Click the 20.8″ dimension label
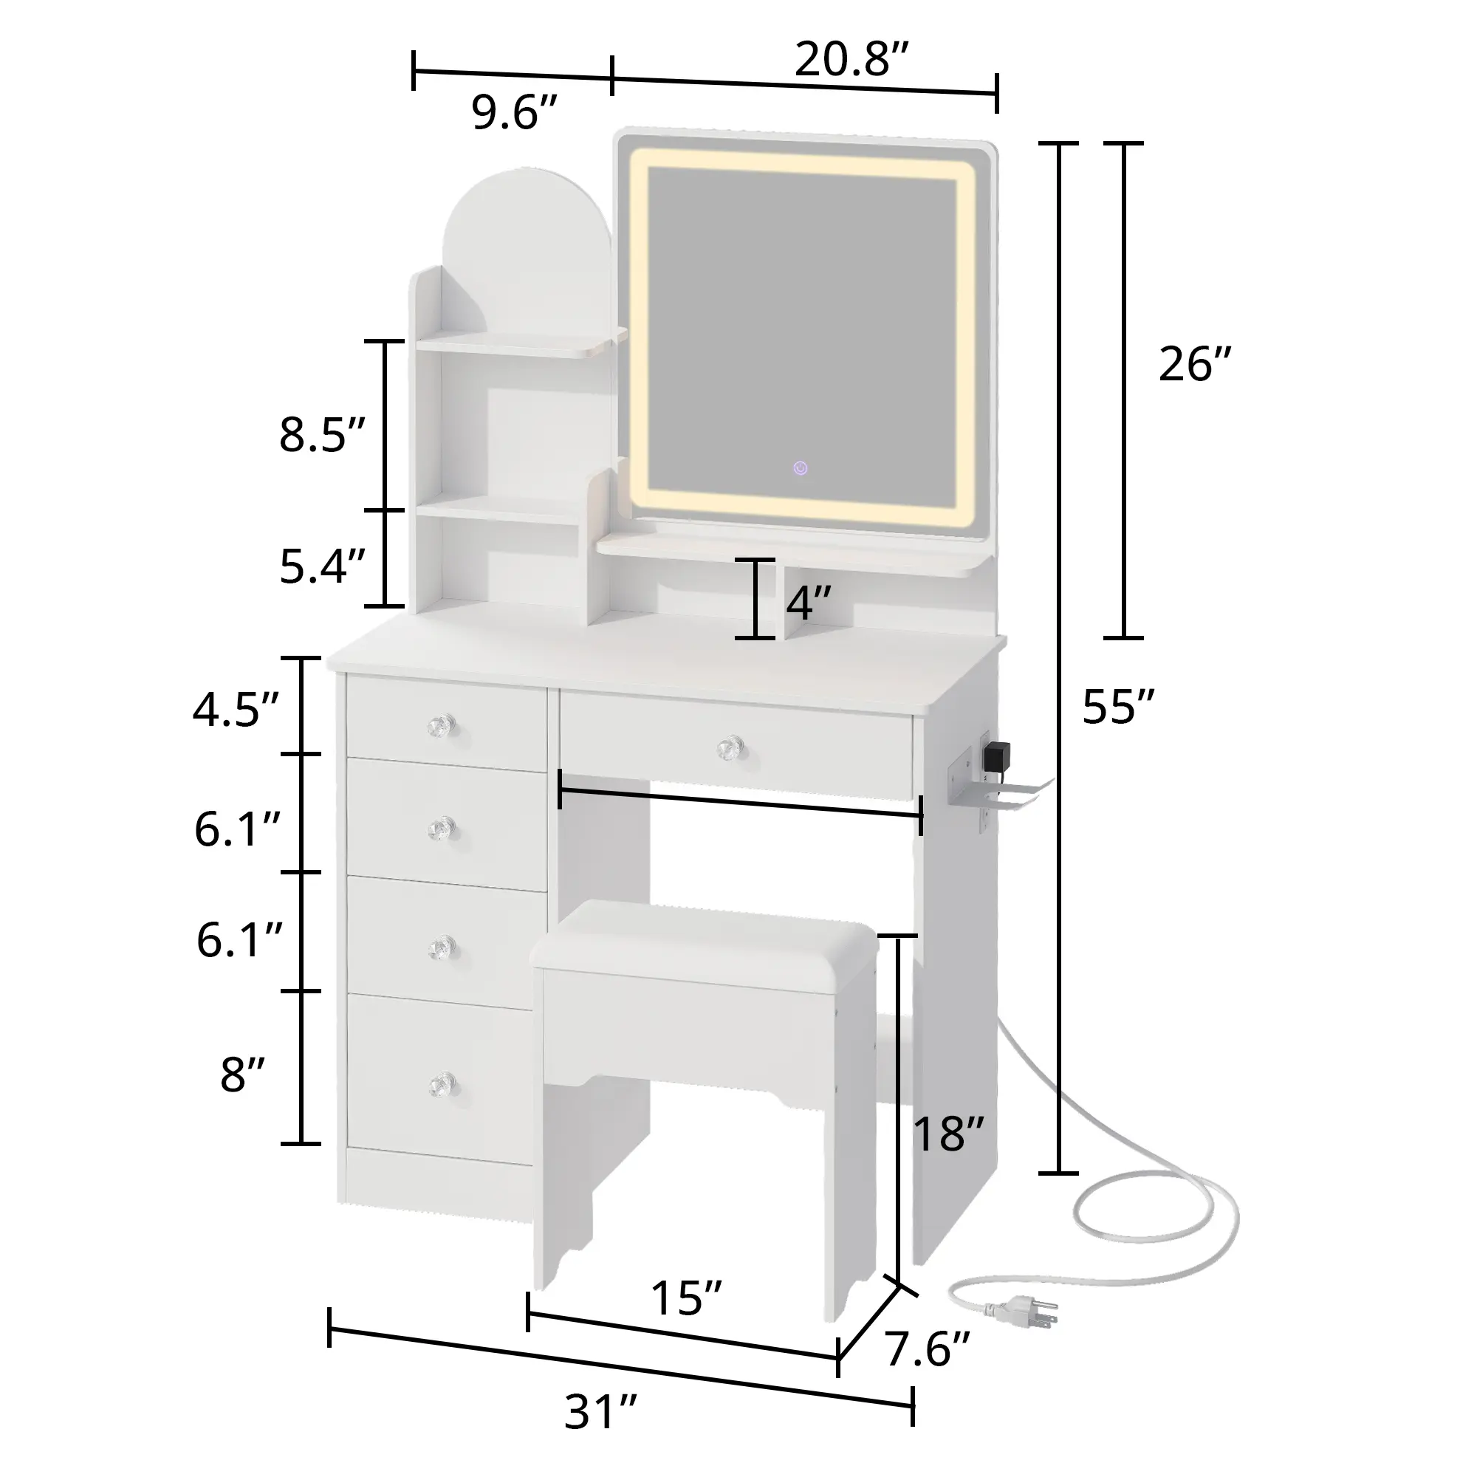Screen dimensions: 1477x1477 tap(851, 60)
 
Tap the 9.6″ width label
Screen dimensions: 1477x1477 tap(515, 112)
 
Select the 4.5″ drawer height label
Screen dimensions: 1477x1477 tap(236, 710)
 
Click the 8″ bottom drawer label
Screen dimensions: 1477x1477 tap(242, 1074)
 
